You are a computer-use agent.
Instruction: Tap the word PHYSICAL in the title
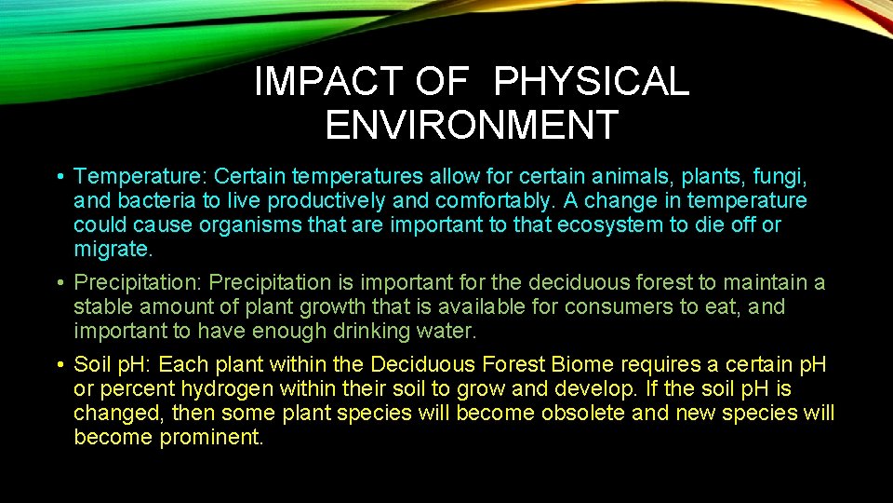point(592,83)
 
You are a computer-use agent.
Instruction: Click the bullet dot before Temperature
point(59,177)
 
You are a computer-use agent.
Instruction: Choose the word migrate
point(113,250)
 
